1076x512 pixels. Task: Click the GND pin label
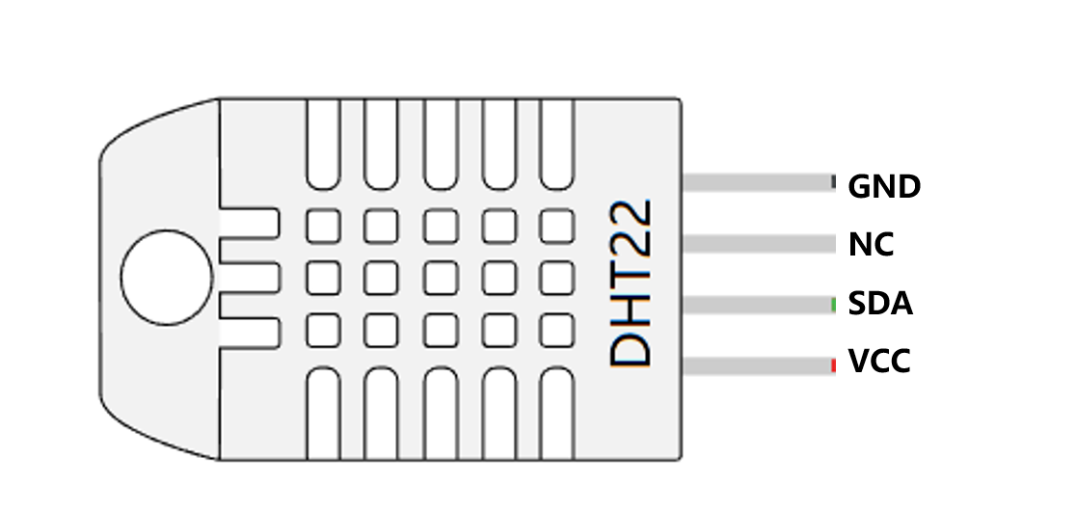pyautogui.click(x=884, y=186)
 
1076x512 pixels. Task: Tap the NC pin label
pyautogui.click(x=871, y=245)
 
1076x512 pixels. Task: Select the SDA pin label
pyautogui.click(x=880, y=305)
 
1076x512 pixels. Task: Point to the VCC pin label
pyautogui.click(x=879, y=364)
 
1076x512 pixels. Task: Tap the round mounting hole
pyautogui.click(x=167, y=277)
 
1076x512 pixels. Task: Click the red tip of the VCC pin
pyautogui.click(x=833, y=365)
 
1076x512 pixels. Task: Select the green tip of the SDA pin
pyautogui.click(x=833, y=306)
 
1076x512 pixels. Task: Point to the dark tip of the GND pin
pyautogui.click(x=832, y=183)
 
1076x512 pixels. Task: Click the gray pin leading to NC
pyautogui.click(x=758, y=244)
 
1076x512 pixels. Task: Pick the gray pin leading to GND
pyautogui.click(x=756, y=183)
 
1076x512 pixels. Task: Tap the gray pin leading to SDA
pyautogui.click(x=756, y=306)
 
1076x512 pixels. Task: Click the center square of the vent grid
pyautogui.click(x=440, y=278)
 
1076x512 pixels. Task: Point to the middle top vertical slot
pyautogui.click(x=440, y=145)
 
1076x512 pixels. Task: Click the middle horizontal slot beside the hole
pyautogui.click(x=250, y=278)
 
